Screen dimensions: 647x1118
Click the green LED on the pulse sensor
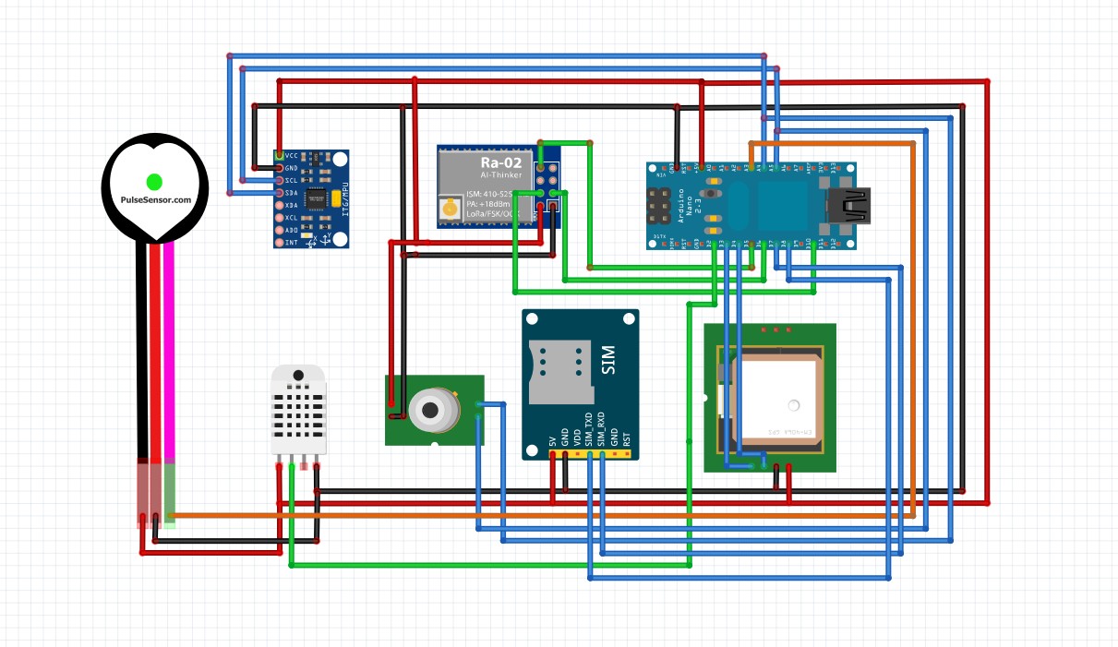coord(154,181)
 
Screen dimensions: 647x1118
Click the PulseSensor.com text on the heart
coord(156,200)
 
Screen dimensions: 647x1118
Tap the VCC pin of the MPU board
coord(280,155)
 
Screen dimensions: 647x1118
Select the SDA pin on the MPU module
coord(280,192)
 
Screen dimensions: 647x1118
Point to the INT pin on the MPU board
coord(280,242)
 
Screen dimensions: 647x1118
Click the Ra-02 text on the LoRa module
coord(500,162)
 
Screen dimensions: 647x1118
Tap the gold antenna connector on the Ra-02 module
coord(451,210)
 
